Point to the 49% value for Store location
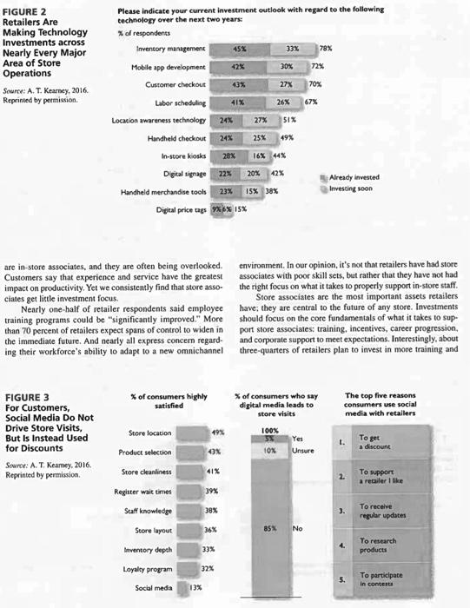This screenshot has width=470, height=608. (x=218, y=432)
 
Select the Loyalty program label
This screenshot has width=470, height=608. (x=149, y=568)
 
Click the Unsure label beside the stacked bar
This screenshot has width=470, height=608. (x=303, y=452)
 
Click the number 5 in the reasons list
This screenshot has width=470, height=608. (x=341, y=578)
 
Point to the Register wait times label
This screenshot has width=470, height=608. (x=144, y=492)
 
